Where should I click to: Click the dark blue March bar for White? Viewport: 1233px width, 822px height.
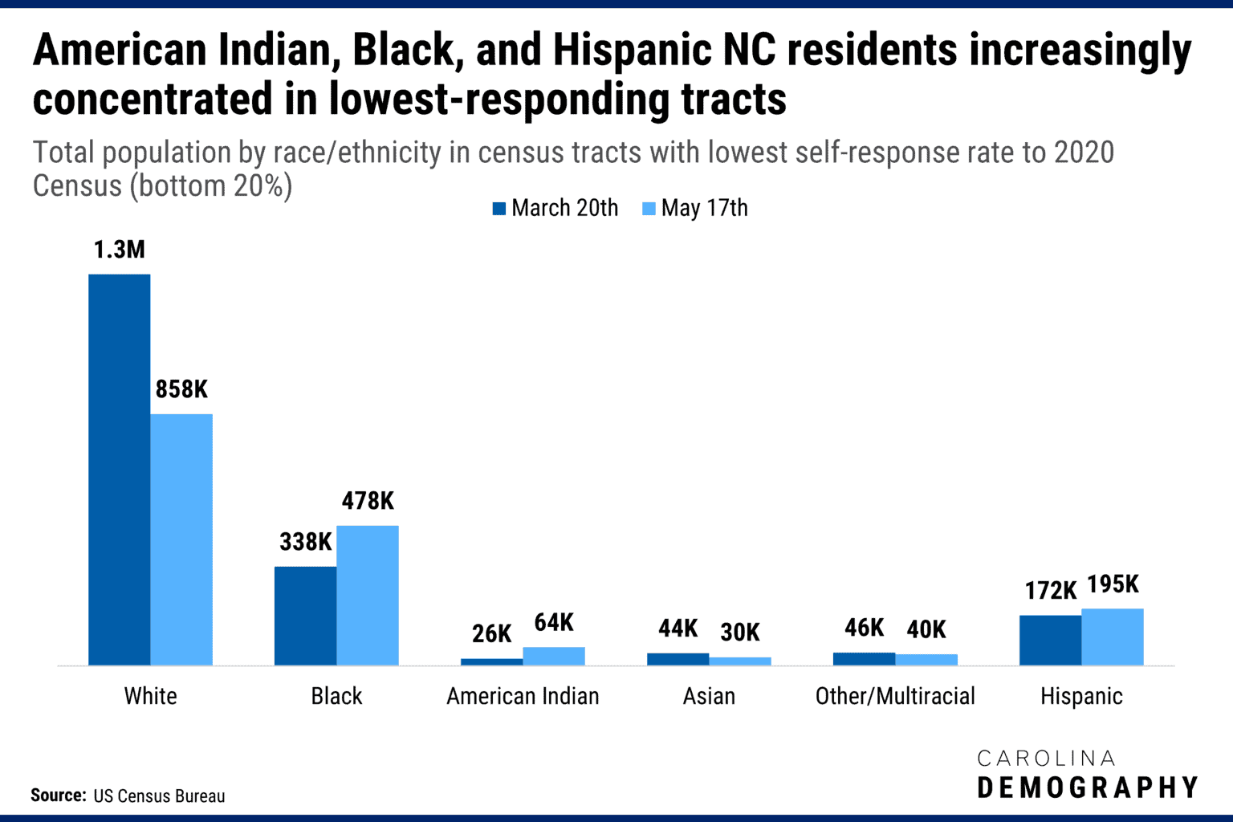(119, 470)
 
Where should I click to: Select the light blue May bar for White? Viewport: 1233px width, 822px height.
(181, 539)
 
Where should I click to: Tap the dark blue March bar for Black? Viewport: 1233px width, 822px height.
(305, 616)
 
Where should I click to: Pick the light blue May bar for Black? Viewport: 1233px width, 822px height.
(368, 595)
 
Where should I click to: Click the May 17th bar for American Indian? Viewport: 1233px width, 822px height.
(554, 656)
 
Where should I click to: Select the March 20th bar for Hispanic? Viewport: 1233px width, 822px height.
(1050, 640)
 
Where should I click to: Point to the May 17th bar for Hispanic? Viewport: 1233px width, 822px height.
(1113, 637)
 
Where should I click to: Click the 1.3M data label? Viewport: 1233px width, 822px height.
(119, 250)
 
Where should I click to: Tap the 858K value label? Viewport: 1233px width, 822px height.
(181, 389)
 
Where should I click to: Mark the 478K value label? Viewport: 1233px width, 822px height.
(368, 501)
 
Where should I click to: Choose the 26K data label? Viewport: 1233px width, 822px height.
(491, 633)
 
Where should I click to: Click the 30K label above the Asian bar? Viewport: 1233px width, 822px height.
(739, 633)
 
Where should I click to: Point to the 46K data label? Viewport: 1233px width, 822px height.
(864, 628)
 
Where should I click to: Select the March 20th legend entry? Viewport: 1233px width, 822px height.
(555, 208)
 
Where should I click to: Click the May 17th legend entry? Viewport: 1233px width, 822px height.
(695, 208)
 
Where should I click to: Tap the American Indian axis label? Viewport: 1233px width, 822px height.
(523, 696)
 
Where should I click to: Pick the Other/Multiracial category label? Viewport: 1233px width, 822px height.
(895, 696)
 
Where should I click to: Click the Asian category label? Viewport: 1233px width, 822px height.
(709, 696)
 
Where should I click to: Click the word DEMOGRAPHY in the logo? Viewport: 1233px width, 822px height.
(1088, 787)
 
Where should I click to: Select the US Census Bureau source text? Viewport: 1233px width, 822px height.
(159, 796)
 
